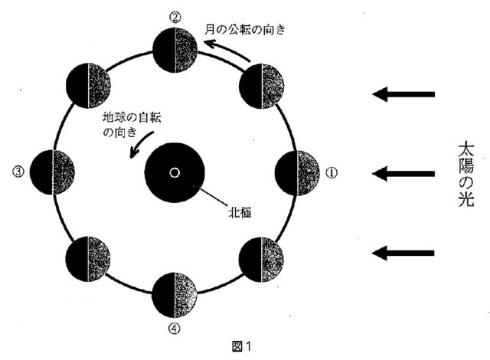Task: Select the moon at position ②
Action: [x=175, y=51]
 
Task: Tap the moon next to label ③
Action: [x=52, y=172]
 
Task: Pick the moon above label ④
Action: [x=175, y=295]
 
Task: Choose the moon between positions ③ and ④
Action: [x=88, y=259]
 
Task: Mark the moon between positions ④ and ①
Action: [x=262, y=259]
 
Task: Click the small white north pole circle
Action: [x=175, y=172]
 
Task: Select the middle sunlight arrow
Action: [x=403, y=174]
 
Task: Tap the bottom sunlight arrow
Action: [x=403, y=252]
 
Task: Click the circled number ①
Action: [x=332, y=173]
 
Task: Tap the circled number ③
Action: [x=18, y=172]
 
